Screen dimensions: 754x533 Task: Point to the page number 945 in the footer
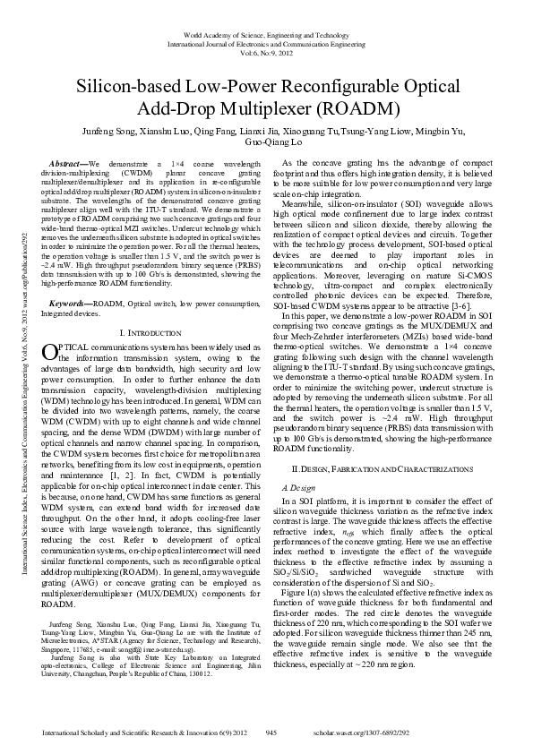coord(271,733)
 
